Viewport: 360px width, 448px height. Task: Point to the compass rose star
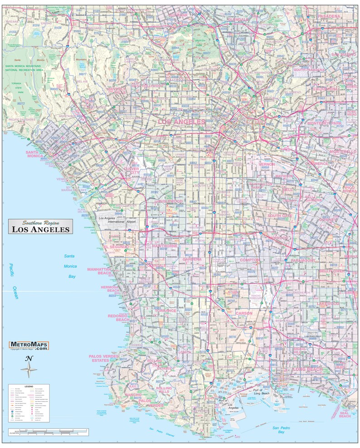pos(29,369)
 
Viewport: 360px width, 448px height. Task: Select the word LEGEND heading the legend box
pos(29,386)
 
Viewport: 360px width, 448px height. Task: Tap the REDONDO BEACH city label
pos(119,318)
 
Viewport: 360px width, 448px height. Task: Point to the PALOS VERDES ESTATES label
pos(102,358)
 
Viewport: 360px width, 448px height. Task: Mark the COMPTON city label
pos(250,260)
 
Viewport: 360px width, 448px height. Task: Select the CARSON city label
pos(244,314)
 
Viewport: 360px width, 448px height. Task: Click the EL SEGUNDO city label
pos(117,246)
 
